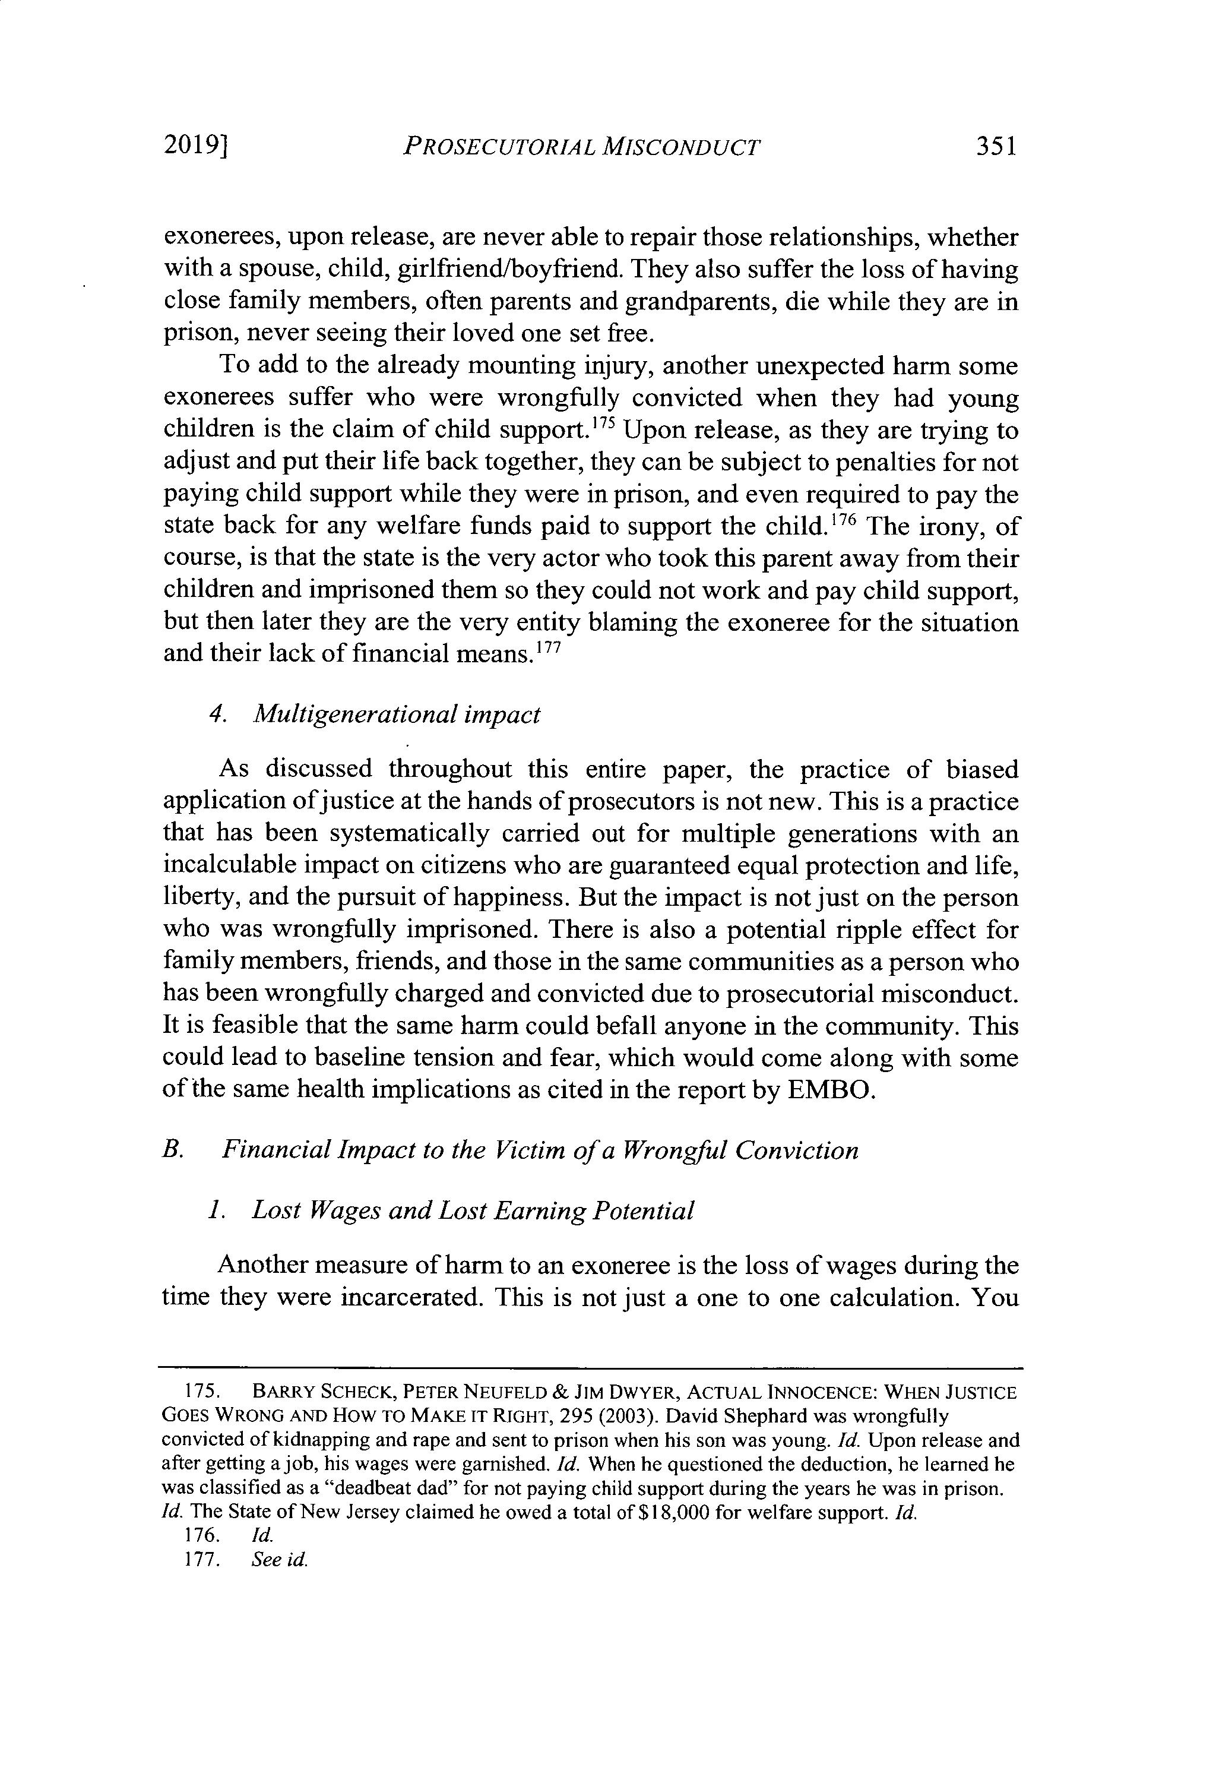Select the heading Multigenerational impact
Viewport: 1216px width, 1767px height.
pos(396,714)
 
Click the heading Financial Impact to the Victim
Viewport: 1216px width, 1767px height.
pos(540,1150)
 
